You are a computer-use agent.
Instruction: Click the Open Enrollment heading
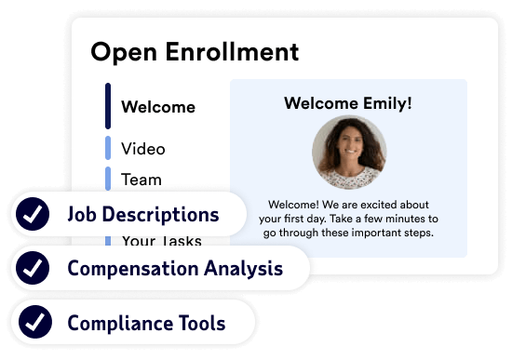[195, 52]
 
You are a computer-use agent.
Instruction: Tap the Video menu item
[143, 149]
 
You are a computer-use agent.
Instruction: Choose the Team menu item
[141, 180]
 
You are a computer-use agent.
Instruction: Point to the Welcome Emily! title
[348, 102]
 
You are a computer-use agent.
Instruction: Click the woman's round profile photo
[349, 153]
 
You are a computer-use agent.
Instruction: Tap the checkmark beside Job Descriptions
[34, 216]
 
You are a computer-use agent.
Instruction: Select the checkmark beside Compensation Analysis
[34, 270]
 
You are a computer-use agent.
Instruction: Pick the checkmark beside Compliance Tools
[34, 324]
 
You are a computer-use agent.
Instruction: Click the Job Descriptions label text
[143, 216]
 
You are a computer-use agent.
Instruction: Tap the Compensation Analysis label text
[175, 270]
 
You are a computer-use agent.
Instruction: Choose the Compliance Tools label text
[146, 324]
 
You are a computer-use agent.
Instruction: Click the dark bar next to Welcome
[108, 105]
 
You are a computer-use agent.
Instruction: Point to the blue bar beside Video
[108, 148]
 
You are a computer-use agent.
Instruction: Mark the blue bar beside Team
[108, 178]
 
